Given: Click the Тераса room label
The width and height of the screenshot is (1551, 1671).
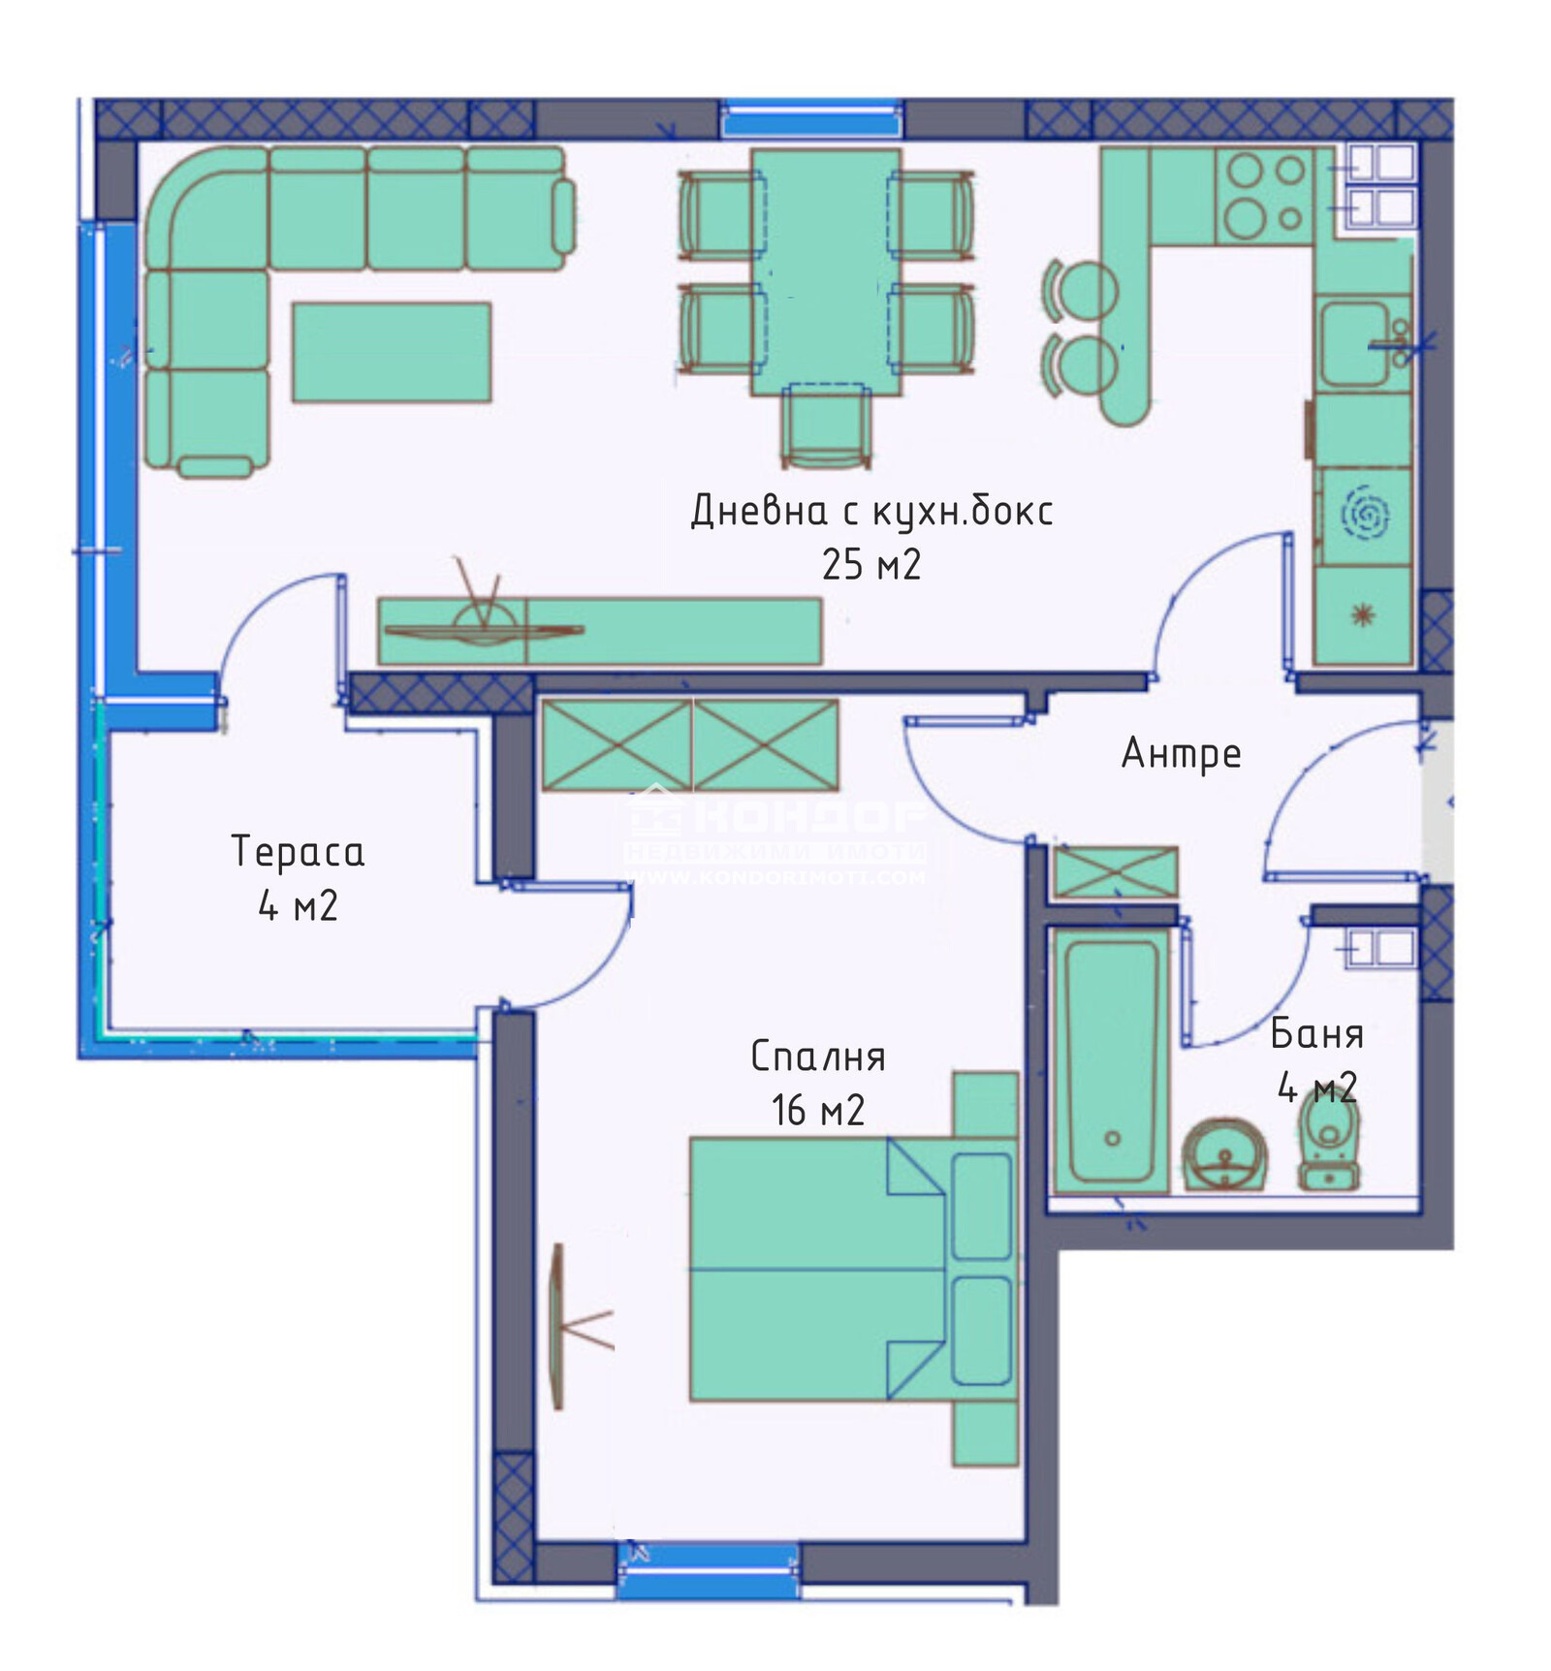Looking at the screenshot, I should point(298,852).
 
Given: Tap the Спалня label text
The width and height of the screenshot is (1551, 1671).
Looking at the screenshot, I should point(817,1056).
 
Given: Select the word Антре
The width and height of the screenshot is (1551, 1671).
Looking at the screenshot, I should point(1181,753).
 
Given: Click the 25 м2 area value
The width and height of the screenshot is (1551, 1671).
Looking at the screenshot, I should point(870,564).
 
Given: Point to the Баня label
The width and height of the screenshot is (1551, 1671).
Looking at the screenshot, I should point(1316,1034).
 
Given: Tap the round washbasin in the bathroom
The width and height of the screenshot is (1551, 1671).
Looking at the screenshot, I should point(1225,1153).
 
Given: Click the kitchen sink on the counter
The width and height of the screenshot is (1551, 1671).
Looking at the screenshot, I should point(1355,343).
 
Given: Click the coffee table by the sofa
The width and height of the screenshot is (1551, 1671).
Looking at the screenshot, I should point(392,352).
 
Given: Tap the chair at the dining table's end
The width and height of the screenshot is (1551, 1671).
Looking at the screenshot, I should point(826,425).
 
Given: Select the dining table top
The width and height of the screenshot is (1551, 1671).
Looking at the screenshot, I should point(826,271).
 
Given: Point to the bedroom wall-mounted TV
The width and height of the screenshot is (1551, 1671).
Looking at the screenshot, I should point(557,1326).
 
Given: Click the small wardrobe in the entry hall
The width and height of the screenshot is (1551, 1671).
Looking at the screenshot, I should point(1115,872).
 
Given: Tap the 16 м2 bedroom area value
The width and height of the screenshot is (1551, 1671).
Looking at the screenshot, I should point(817,1111).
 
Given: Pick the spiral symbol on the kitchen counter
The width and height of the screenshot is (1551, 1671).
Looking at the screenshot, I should point(1364,514).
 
